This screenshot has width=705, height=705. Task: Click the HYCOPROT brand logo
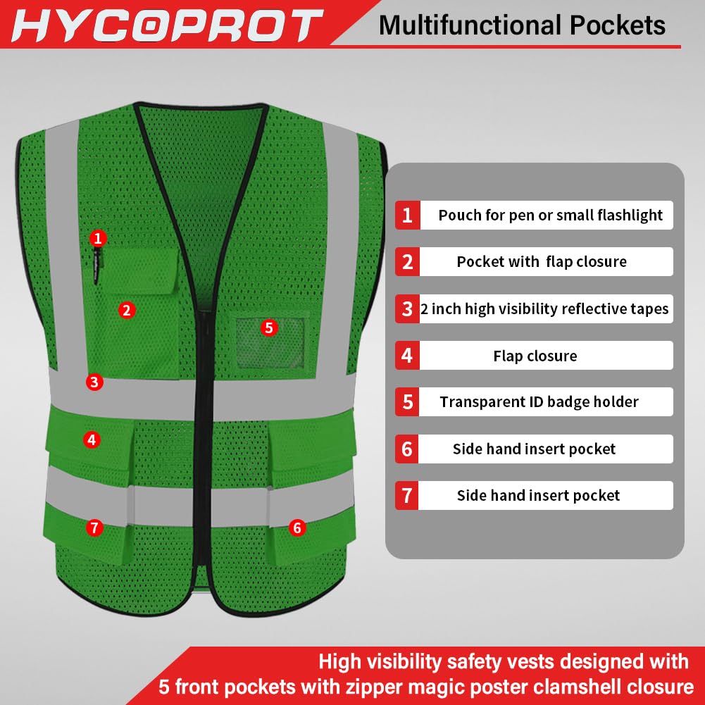166,25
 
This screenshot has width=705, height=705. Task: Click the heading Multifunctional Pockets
522,25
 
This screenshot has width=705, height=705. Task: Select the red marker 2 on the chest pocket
127,310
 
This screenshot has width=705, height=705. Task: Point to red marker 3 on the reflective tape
94,382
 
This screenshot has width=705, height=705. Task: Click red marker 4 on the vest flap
92,440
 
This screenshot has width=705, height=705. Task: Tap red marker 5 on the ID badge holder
268,327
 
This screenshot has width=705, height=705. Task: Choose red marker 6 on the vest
297,528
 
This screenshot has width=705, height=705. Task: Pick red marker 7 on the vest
95,528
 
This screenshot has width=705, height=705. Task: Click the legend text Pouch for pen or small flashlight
550,216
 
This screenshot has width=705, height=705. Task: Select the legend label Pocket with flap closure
541,262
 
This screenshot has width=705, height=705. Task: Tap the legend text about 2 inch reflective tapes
544,309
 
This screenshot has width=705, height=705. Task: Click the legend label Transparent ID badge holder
539,402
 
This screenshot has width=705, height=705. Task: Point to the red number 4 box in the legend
407,356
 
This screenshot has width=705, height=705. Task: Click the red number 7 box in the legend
407,495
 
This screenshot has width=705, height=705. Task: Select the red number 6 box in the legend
407,449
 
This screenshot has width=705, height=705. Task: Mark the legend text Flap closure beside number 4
535,356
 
